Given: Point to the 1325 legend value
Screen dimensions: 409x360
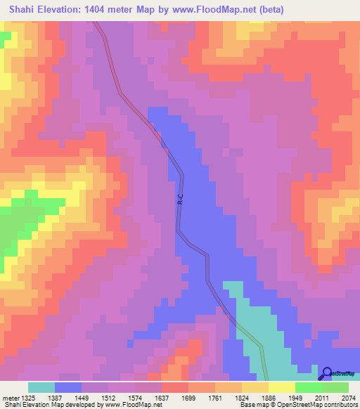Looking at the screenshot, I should pos(32,397).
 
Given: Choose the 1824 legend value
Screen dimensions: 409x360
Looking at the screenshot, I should pos(271,397).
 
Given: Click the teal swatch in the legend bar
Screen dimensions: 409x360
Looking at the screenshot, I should pos(41,387).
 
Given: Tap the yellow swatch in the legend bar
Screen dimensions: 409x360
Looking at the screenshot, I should pos(281,387).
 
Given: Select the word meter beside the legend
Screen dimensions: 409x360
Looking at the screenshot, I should pos(11,397).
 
